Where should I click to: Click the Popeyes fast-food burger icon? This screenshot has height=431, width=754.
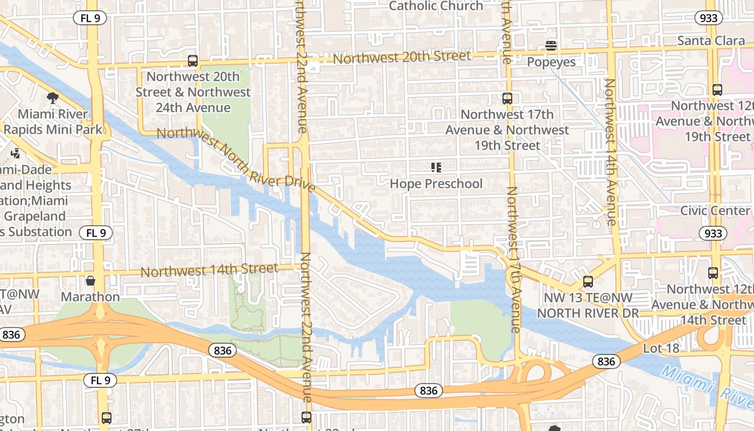tap(550, 46)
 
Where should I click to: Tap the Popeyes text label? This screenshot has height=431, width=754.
tap(551, 62)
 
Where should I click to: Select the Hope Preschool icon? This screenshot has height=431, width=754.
tap(436, 168)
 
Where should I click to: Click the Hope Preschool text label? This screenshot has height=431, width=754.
tap(436, 184)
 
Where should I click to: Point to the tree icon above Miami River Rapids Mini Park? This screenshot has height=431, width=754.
tap(52, 98)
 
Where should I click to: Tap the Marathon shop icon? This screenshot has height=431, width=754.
tap(90, 281)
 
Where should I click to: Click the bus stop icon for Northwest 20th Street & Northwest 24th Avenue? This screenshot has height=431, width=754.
tap(192, 61)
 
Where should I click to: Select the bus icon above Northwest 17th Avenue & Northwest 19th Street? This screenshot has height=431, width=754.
tap(507, 99)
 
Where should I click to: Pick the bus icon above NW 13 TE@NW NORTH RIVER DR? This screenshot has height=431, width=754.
tap(588, 282)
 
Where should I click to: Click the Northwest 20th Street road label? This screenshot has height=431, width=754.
tap(402, 57)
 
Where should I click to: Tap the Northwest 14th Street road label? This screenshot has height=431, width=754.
tap(210, 270)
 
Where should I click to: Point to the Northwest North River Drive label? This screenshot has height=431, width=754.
tap(235, 159)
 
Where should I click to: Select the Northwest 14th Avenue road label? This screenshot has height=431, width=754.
tap(610, 152)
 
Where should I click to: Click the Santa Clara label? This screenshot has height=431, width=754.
tap(711, 41)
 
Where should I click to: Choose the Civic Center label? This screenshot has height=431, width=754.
tap(715, 210)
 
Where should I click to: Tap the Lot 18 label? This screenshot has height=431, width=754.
tap(661, 349)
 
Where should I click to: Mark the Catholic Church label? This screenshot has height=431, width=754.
tap(436, 6)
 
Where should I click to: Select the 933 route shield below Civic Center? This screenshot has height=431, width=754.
tap(712, 233)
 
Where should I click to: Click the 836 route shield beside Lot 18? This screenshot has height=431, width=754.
tap(606, 362)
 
